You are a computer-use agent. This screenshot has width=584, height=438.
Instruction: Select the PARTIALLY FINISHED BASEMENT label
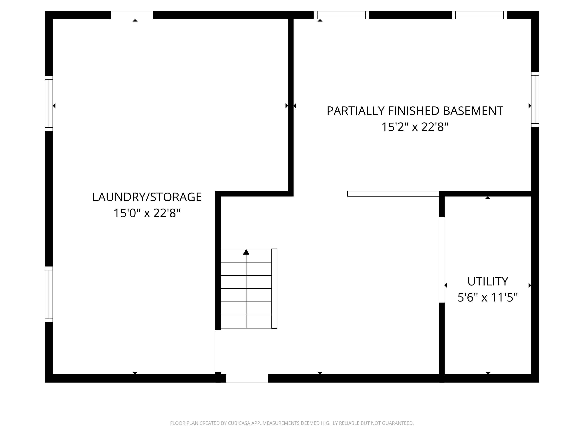coord(415,111)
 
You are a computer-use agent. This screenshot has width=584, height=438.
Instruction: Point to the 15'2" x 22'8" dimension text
coord(415,127)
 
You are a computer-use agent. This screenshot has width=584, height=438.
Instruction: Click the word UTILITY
coord(488,281)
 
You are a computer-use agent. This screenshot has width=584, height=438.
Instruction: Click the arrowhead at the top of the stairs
coord(246,252)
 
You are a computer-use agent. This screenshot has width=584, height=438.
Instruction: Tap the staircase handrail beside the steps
coord(274,289)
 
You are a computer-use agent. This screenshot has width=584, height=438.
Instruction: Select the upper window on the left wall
coord(49,103)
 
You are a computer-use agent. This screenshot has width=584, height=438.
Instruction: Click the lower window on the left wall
coord(49,294)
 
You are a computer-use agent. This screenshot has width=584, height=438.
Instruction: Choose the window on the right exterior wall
coord(535,99)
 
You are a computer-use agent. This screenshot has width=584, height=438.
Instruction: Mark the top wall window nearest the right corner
coord(479,15)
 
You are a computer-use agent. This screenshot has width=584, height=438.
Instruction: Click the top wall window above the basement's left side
coord(341,15)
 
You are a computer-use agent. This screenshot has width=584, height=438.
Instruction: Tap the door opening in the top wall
coord(132,15)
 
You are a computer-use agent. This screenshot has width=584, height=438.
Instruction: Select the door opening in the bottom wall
coord(247,378)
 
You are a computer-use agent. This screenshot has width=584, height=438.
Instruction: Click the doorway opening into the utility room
coord(442,260)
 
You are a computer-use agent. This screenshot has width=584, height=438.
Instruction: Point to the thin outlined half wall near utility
coord(393,194)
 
